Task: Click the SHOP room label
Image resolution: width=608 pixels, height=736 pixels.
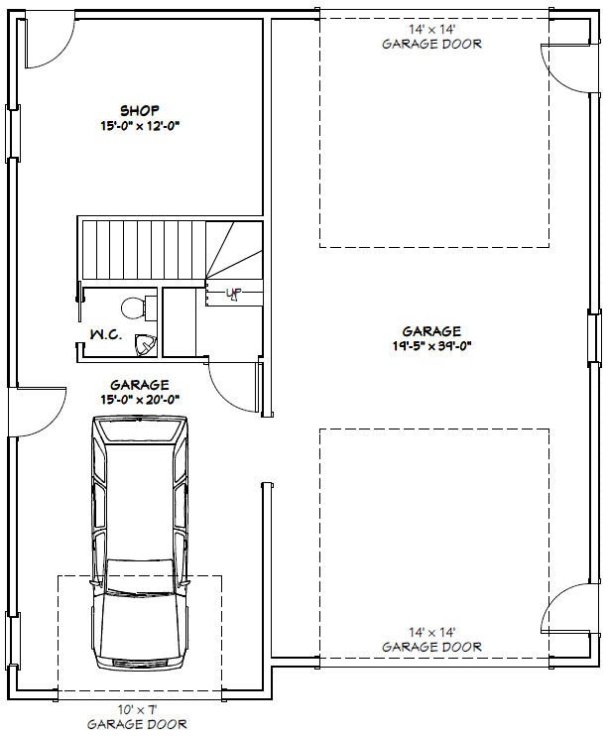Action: pyautogui.click(x=140, y=109)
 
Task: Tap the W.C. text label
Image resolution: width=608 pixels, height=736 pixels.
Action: pyautogui.click(x=106, y=335)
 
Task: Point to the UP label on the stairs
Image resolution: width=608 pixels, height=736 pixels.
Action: pyautogui.click(x=234, y=293)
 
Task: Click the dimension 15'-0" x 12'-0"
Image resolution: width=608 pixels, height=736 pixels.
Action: pyautogui.click(x=140, y=126)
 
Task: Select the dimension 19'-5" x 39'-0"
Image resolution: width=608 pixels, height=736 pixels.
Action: pyautogui.click(x=430, y=348)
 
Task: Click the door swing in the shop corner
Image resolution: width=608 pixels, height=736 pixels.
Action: pyautogui.click(x=45, y=44)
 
